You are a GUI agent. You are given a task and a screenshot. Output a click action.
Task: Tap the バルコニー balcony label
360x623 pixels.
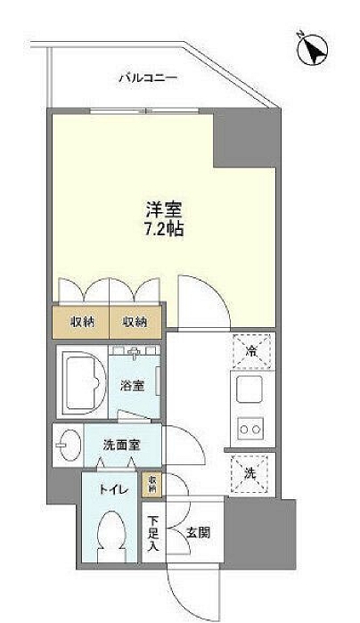click(x=148, y=79)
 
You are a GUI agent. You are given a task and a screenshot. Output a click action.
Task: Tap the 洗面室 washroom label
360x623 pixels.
click(x=119, y=443)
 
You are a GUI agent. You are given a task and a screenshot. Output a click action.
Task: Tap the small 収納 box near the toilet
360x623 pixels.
click(x=154, y=483)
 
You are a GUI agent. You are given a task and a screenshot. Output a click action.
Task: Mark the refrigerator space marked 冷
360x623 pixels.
click(x=251, y=349)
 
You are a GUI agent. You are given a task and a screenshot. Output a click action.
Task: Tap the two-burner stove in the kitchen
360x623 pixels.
click(x=250, y=430)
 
